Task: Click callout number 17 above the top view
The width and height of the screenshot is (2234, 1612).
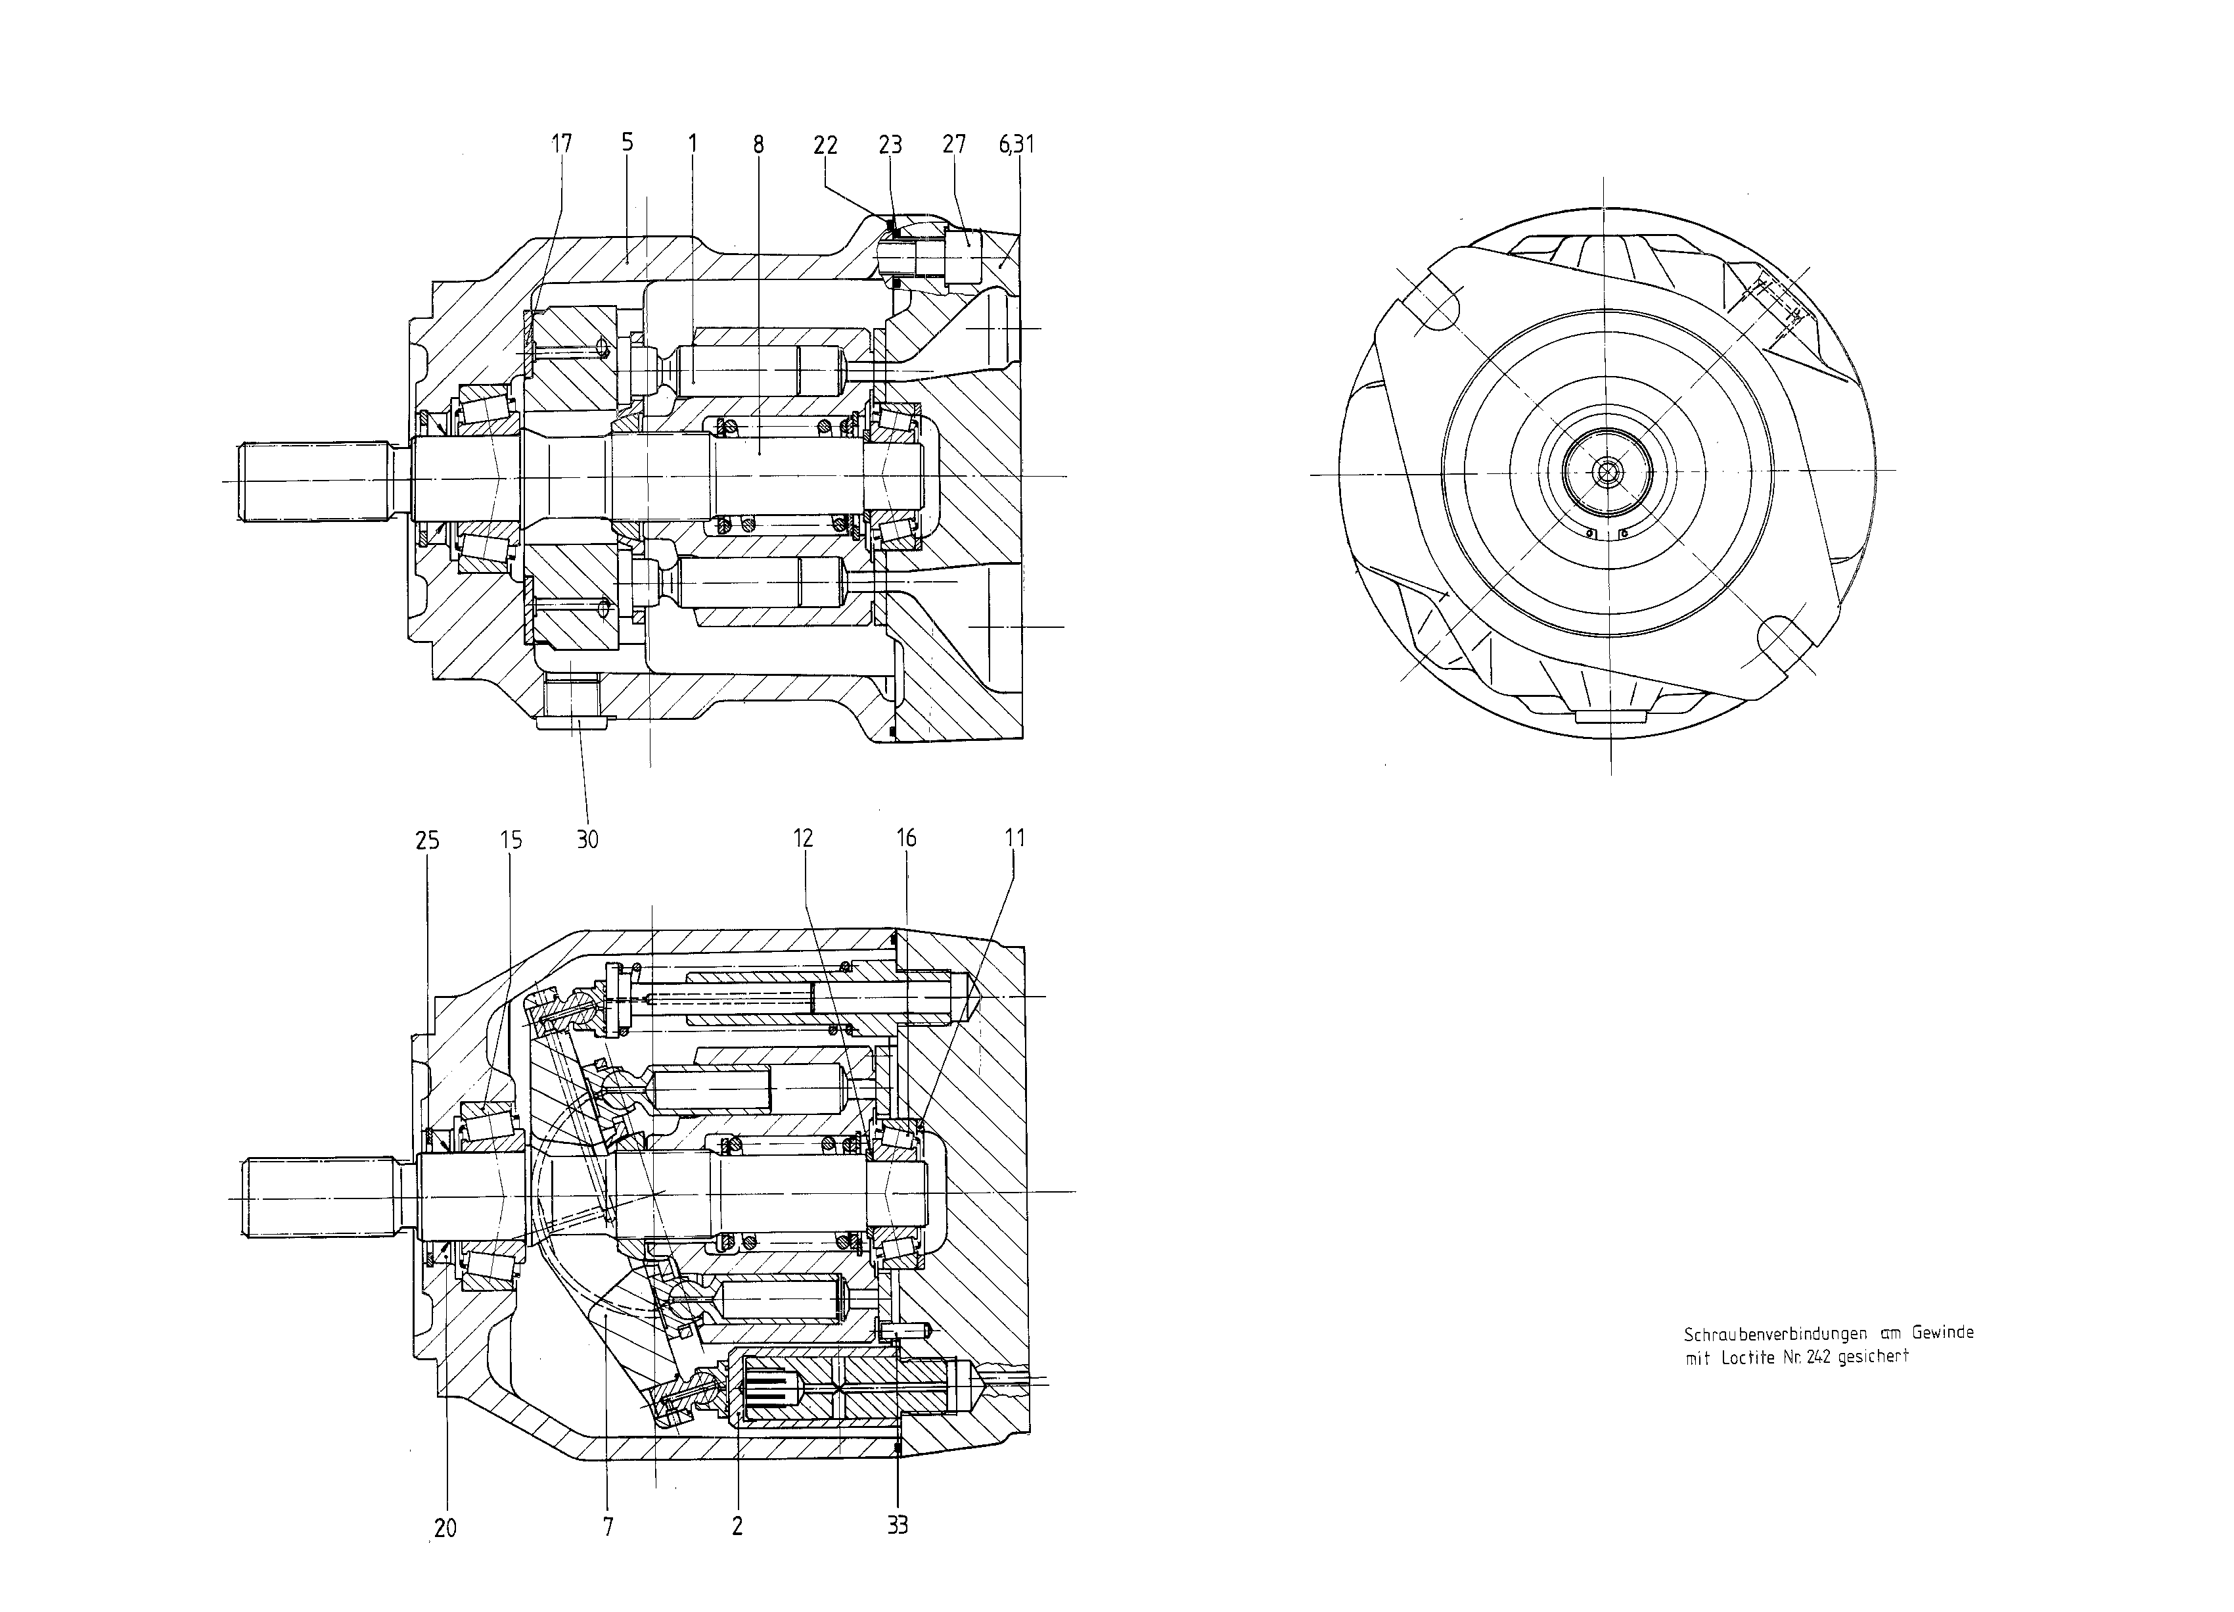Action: coord(560,144)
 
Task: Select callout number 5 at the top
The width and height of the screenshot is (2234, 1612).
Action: coord(627,143)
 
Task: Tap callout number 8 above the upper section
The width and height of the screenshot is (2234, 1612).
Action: coord(758,145)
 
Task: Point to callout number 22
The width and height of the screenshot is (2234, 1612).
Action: coord(825,145)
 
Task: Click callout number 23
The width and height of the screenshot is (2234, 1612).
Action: coord(890,145)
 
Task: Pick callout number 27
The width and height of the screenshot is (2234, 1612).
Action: coord(955,145)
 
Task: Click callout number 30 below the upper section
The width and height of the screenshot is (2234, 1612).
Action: coord(587,840)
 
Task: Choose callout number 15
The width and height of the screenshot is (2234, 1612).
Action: coord(511,840)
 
